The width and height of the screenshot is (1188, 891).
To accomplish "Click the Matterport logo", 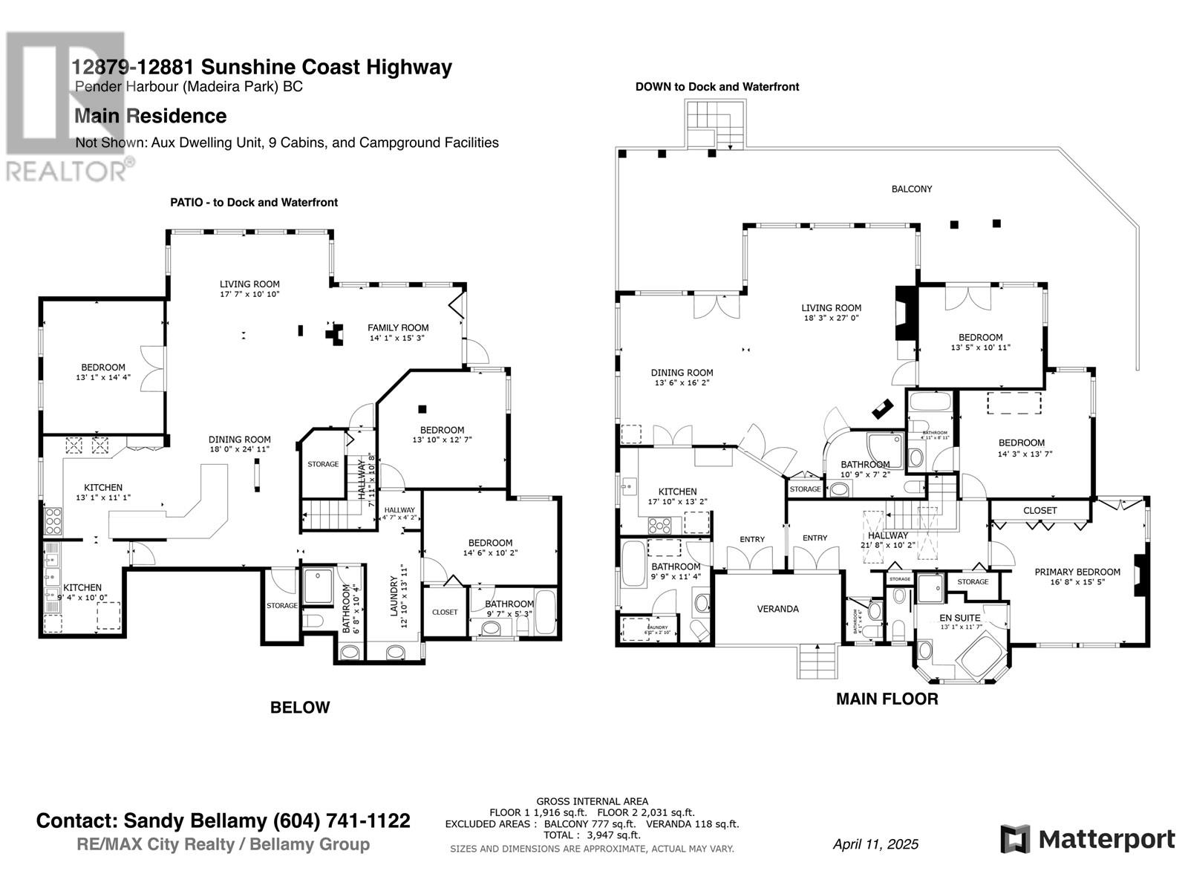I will [1087, 840].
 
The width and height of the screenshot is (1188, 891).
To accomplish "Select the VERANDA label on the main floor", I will [777, 609].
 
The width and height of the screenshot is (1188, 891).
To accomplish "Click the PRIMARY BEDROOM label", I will [1077, 572].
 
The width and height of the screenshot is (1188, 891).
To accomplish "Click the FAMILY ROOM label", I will [398, 327].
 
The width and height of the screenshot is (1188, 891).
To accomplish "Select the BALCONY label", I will [911, 189].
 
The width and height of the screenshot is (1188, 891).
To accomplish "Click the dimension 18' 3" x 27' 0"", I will [831, 318].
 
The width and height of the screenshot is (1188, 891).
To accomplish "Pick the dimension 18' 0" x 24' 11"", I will [239, 449].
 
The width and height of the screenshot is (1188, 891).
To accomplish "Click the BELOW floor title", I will [300, 708].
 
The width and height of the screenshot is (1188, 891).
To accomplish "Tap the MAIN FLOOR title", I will [887, 699].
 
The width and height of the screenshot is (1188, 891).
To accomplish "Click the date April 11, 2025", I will [875, 844].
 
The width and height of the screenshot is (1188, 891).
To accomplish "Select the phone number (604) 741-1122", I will [342, 820].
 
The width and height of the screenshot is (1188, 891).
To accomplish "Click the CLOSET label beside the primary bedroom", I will [1039, 511].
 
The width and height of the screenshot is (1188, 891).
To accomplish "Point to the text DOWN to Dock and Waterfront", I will [717, 87].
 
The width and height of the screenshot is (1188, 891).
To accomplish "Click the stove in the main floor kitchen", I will [660, 526].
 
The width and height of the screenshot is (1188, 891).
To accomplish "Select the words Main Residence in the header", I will [150, 116].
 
